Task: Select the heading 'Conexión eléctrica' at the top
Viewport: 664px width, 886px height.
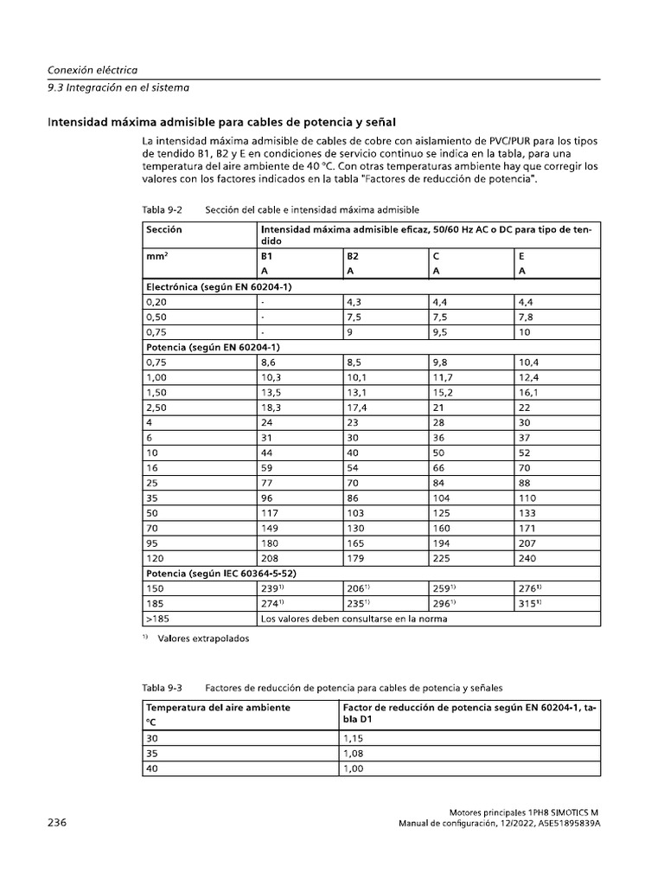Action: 93,69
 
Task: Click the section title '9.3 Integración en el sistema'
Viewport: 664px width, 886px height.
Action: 118,87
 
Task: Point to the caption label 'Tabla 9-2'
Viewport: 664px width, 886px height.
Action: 162,209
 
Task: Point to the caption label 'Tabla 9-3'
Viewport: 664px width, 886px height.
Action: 162,688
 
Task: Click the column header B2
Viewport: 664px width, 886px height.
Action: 353,257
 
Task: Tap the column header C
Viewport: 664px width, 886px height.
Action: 437,257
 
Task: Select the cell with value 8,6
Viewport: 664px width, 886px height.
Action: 269,363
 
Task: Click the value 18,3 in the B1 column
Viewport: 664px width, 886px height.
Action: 271,406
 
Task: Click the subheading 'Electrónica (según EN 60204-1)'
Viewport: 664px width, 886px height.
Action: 220,286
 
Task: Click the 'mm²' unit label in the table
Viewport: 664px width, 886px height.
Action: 156,257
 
